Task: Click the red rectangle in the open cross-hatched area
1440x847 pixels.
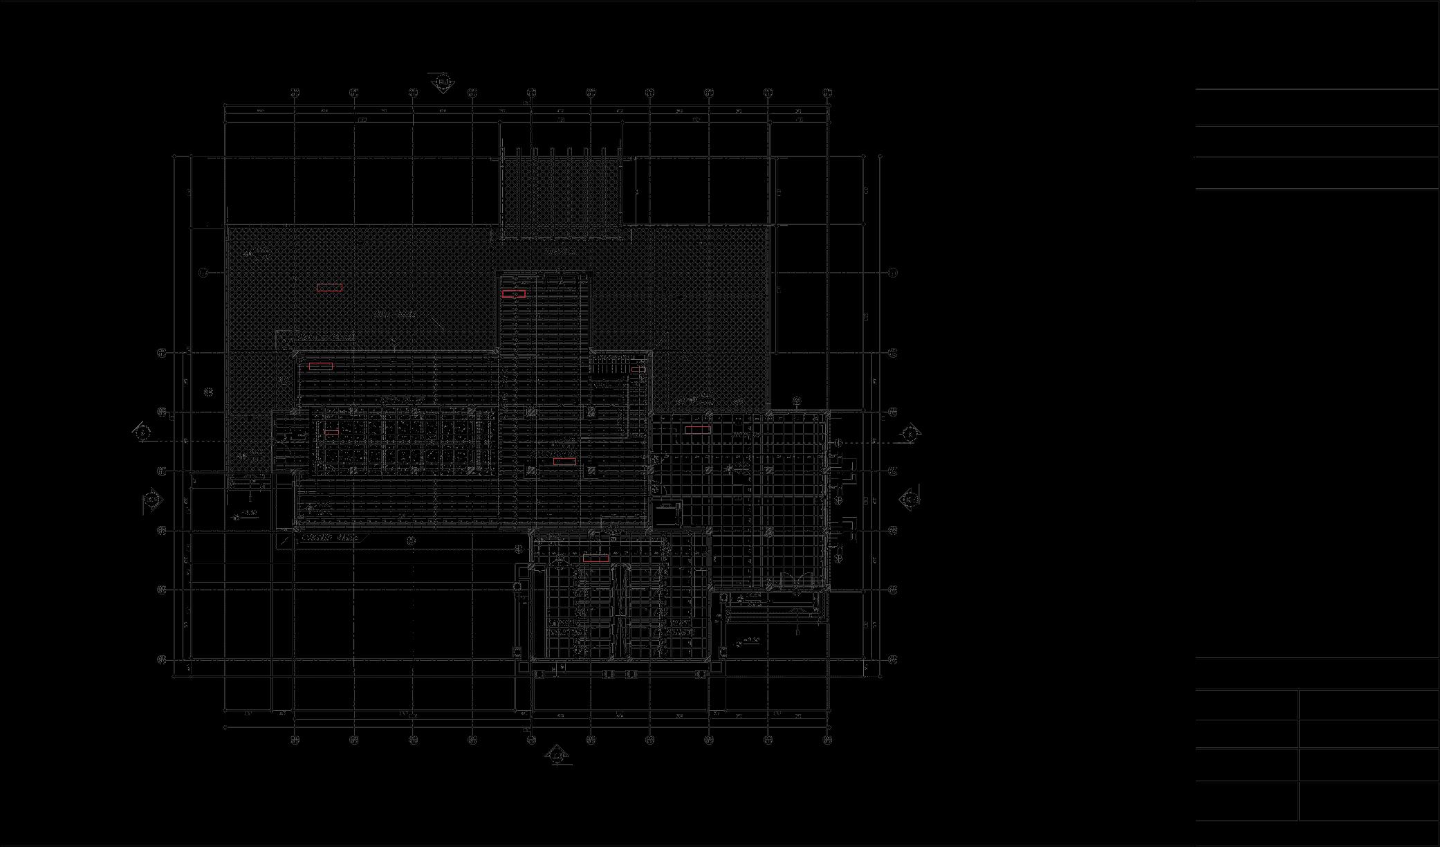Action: pyautogui.click(x=329, y=287)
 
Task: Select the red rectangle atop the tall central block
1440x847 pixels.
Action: pyautogui.click(x=514, y=294)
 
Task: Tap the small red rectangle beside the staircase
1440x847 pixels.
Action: pyautogui.click(x=638, y=370)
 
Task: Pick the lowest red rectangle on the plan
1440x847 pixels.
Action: pyautogui.click(x=596, y=558)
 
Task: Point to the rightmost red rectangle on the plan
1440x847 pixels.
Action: pyautogui.click(x=697, y=430)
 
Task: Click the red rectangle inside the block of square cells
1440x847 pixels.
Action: pyautogui.click(x=331, y=432)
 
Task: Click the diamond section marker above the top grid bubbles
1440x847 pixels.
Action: pyautogui.click(x=443, y=84)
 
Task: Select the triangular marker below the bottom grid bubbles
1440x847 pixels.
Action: pyautogui.click(x=557, y=756)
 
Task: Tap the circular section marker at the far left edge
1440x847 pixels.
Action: pyautogui.click(x=142, y=433)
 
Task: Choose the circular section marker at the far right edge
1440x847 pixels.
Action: pyautogui.click(x=911, y=433)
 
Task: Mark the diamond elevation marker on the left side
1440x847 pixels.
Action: pyautogui.click(x=153, y=499)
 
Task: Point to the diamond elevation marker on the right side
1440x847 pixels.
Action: pyautogui.click(x=910, y=498)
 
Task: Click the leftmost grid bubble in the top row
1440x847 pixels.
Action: pyautogui.click(x=295, y=93)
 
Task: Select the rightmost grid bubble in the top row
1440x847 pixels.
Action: pyautogui.click(x=827, y=93)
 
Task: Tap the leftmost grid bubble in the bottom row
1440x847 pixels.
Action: pyautogui.click(x=295, y=740)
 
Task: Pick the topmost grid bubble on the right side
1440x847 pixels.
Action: pyautogui.click(x=892, y=273)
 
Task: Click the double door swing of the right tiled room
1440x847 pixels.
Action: pyautogui.click(x=799, y=583)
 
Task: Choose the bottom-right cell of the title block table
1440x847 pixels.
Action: pyautogui.click(x=1369, y=801)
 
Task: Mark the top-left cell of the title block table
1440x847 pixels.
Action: pyautogui.click(x=1246, y=704)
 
